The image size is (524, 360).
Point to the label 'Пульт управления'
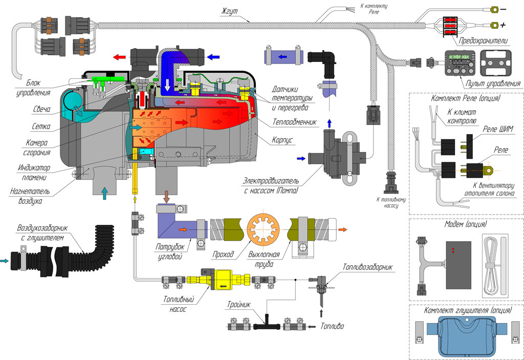click(x=490, y=83)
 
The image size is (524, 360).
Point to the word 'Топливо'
click(x=332, y=326)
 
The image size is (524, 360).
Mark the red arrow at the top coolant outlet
click(x=121, y=57)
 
